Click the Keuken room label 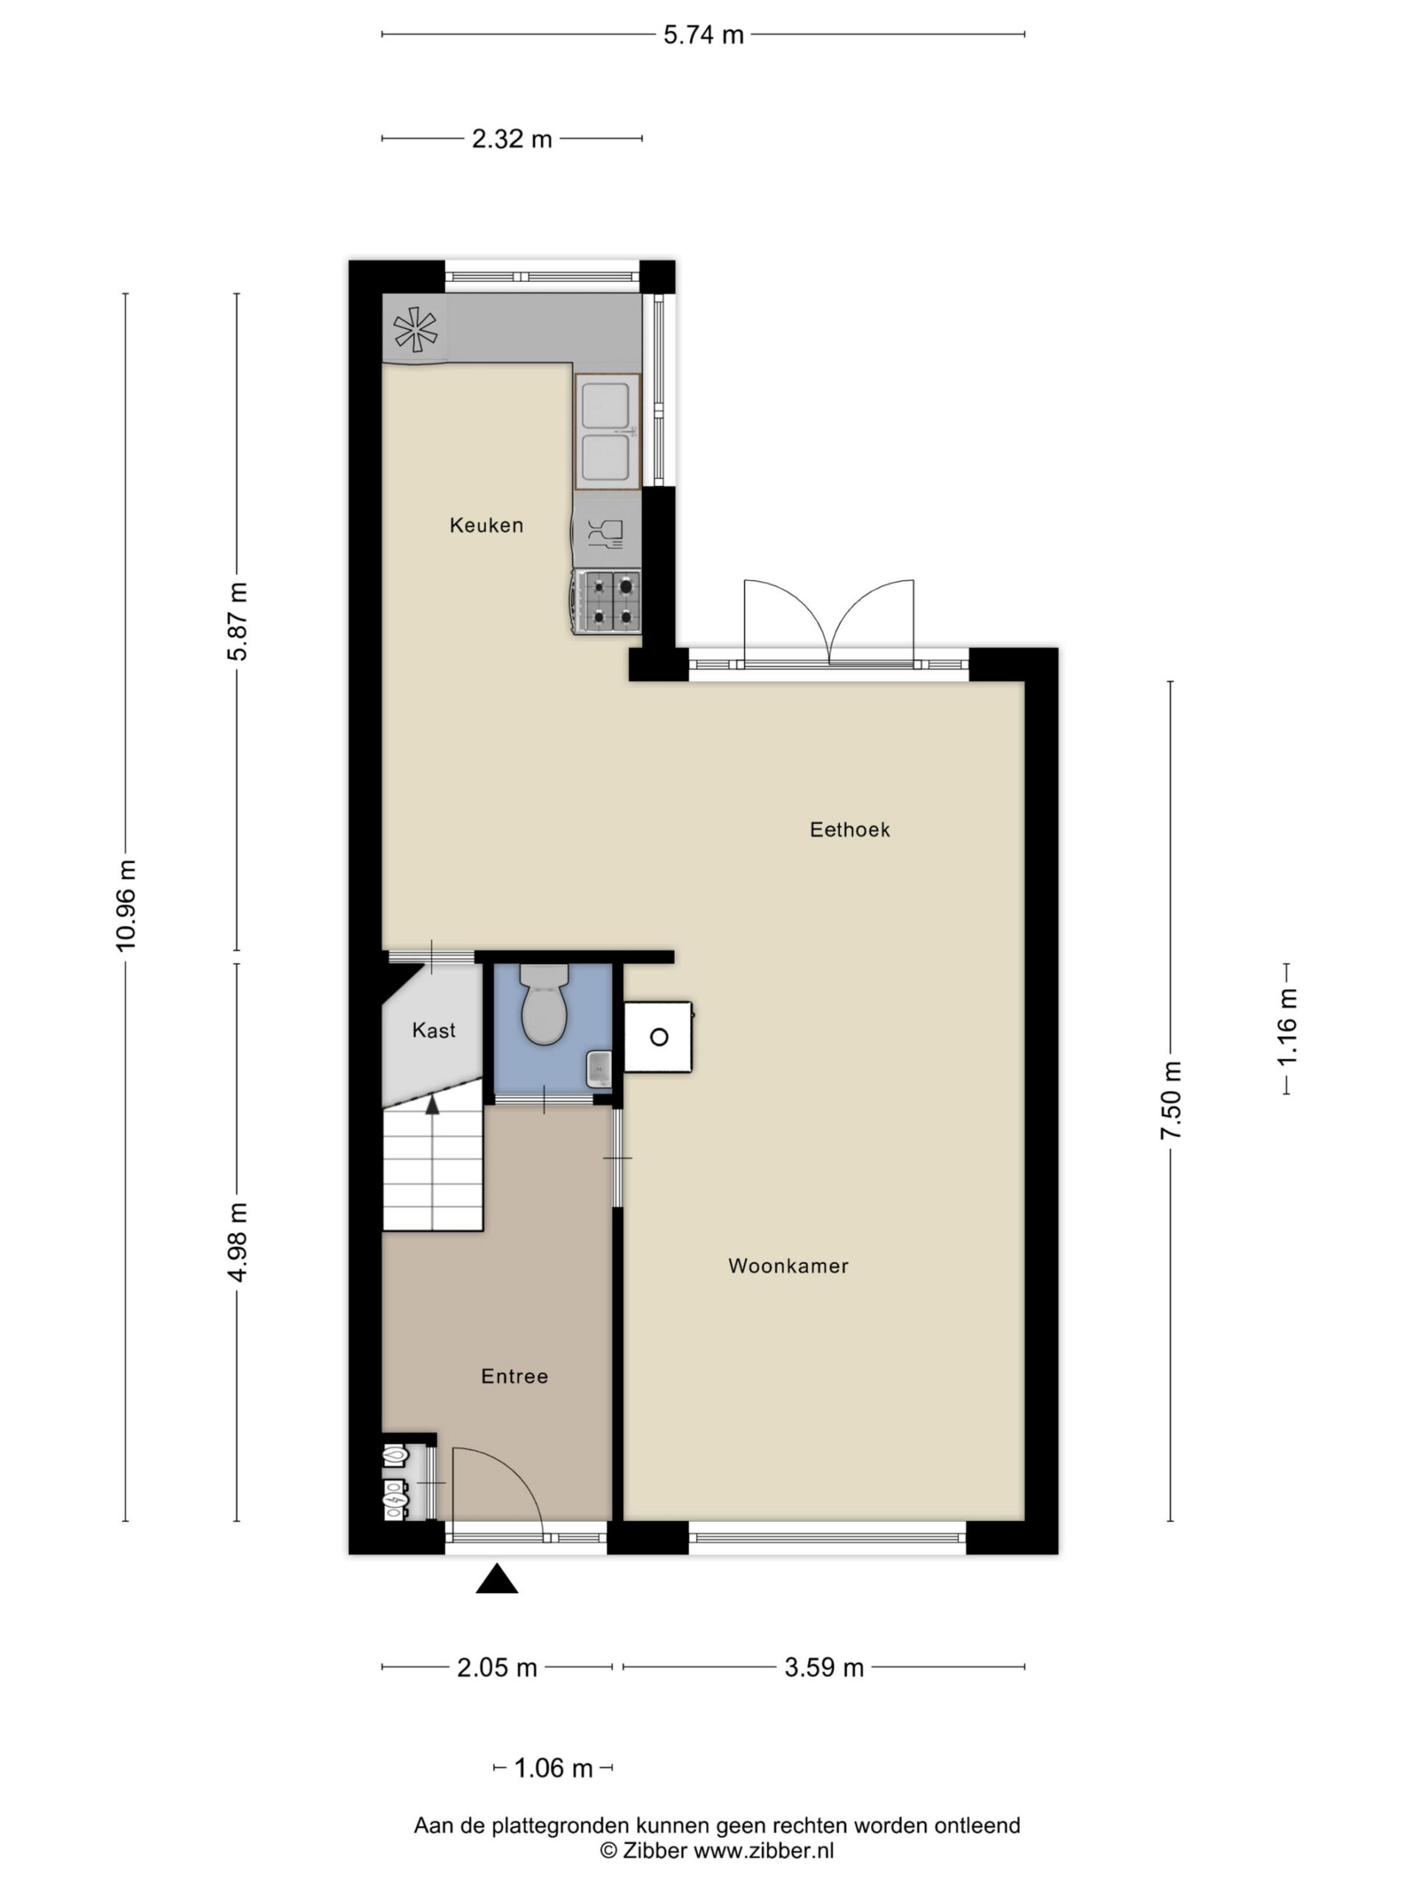point(486,525)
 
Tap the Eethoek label point(849,829)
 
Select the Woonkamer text point(788,1266)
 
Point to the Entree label point(514,1376)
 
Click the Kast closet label point(433,1031)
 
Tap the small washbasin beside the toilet point(599,1069)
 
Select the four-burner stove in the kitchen point(607,601)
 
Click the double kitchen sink point(607,432)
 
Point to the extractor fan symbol point(416,330)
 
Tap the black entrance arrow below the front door point(497,1578)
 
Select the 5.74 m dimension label point(703,35)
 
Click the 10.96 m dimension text point(125,905)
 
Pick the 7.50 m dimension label point(1170,1100)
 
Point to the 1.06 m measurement point(553,1769)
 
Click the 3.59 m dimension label point(824,1667)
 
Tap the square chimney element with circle point(658,1037)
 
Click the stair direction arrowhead point(432,1105)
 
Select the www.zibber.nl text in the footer point(763,1850)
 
